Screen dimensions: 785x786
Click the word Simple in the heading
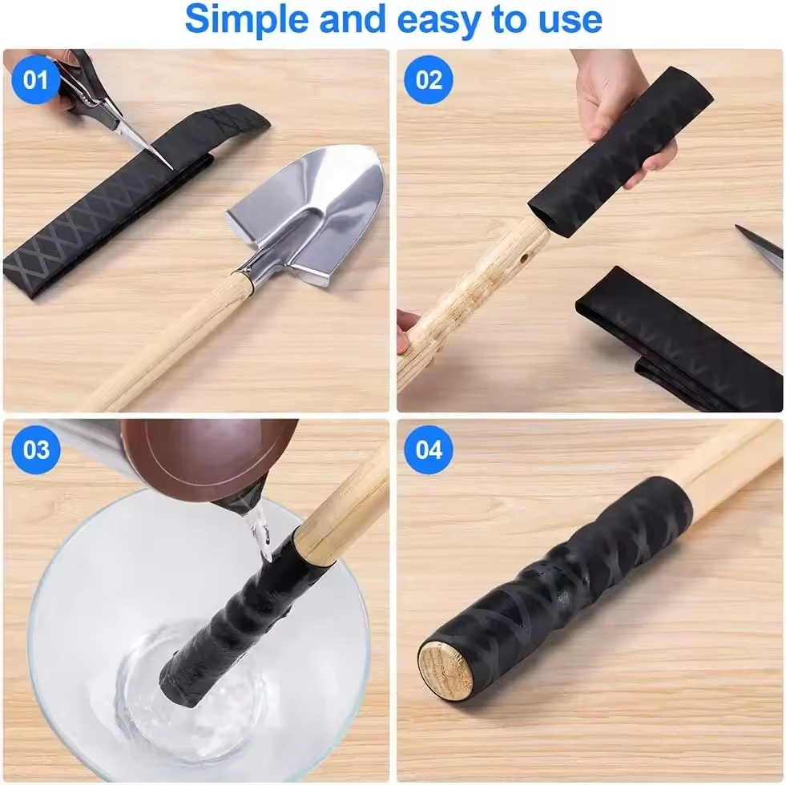click(245, 20)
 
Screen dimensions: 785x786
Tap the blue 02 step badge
click(429, 80)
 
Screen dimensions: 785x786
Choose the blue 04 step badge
click(429, 449)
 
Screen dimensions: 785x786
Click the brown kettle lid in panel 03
click(204, 457)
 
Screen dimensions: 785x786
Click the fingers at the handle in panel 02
click(410, 328)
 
